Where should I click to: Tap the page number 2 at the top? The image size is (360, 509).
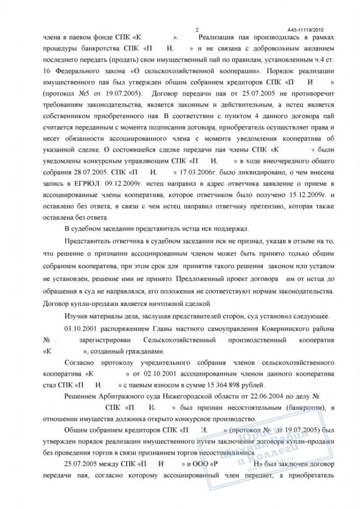[197, 28]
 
